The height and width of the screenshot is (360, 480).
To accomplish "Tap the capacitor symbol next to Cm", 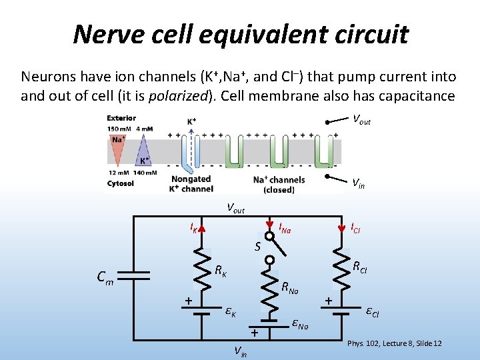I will point(135,275).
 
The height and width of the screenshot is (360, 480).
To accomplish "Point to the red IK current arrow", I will point(202,230).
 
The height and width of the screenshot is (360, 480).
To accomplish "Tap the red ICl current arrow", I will point(341,231).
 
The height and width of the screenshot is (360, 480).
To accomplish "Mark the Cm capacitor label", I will point(104,278).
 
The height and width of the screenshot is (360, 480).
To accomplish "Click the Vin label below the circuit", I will point(240,351).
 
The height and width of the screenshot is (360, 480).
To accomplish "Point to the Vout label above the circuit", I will point(235,208).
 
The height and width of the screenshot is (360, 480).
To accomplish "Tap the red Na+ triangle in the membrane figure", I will point(118,148).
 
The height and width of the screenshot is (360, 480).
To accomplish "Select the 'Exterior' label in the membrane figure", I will point(121,119).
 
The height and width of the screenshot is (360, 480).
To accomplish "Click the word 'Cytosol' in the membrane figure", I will point(121,183).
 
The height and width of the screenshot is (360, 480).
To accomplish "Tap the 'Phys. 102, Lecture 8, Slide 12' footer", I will point(395,343).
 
